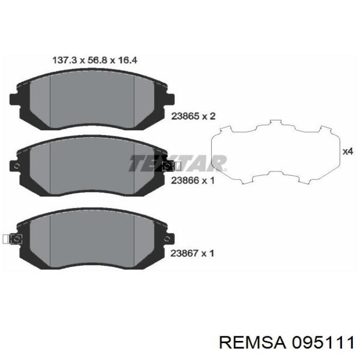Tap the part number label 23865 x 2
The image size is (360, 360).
coord(192,117)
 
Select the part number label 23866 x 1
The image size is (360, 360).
coord(192,181)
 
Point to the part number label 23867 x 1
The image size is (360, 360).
coord(192,253)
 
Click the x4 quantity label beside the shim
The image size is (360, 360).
coord(348,152)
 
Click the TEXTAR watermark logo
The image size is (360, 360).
coord(177,164)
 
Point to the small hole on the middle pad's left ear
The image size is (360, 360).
coord(17,166)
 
